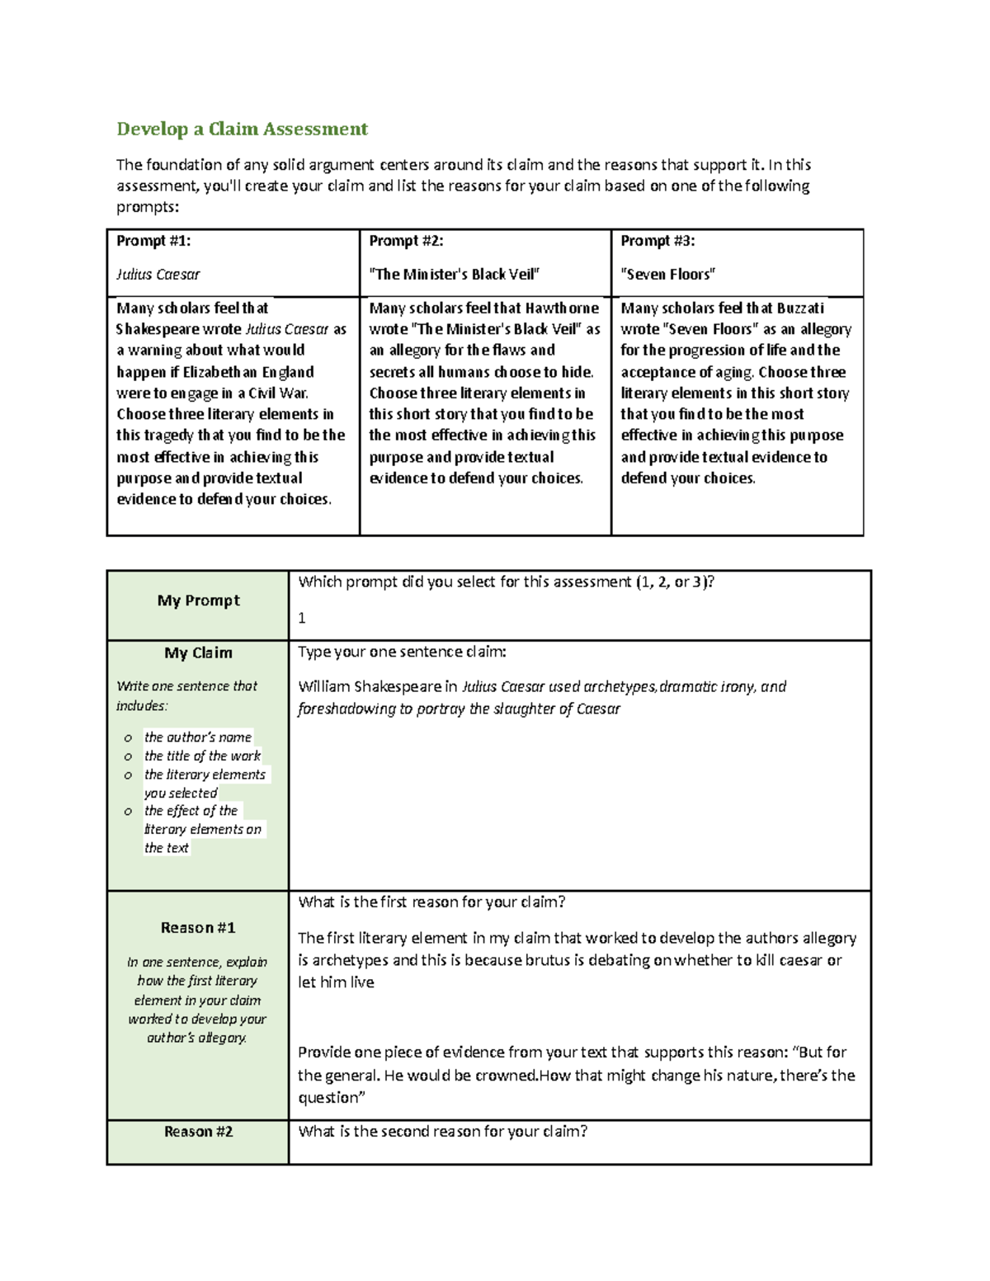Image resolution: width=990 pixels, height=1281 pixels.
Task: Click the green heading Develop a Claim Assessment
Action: pyautogui.click(x=242, y=130)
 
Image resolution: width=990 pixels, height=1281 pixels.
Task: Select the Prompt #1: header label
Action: pyautogui.click(x=153, y=241)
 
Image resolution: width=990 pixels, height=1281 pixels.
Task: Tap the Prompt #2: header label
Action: pyautogui.click(x=406, y=241)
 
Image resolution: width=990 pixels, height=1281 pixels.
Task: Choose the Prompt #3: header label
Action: pyautogui.click(x=658, y=241)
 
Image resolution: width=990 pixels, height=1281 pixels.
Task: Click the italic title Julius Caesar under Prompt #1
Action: pyautogui.click(x=158, y=275)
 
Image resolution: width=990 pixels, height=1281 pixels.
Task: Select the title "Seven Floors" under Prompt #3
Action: pyautogui.click(x=667, y=275)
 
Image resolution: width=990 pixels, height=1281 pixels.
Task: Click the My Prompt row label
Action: pyautogui.click(x=198, y=600)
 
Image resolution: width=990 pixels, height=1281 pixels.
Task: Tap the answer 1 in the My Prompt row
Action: pyautogui.click(x=302, y=618)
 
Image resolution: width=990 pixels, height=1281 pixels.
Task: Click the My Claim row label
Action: pyautogui.click(x=198, y=653)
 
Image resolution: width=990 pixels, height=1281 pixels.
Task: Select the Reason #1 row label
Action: pyautogui.click(x=198, y=928)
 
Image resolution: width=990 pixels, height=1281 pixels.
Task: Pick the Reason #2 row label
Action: pyautogui.click(x=198, y=1132)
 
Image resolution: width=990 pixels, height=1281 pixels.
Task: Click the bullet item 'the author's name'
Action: pyautogui.click(x=197, y=737)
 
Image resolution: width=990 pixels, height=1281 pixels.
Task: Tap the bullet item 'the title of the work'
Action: pyautogui.click(x=202, y=756)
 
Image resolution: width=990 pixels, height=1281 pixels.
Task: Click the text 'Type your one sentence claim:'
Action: pyautogui.click(x=402, y=652)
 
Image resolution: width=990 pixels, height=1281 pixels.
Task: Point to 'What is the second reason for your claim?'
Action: pyautogui.click(x=442, y=1132)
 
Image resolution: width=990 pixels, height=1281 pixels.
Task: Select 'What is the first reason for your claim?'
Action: pyautogui.click(x=431, y=902)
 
